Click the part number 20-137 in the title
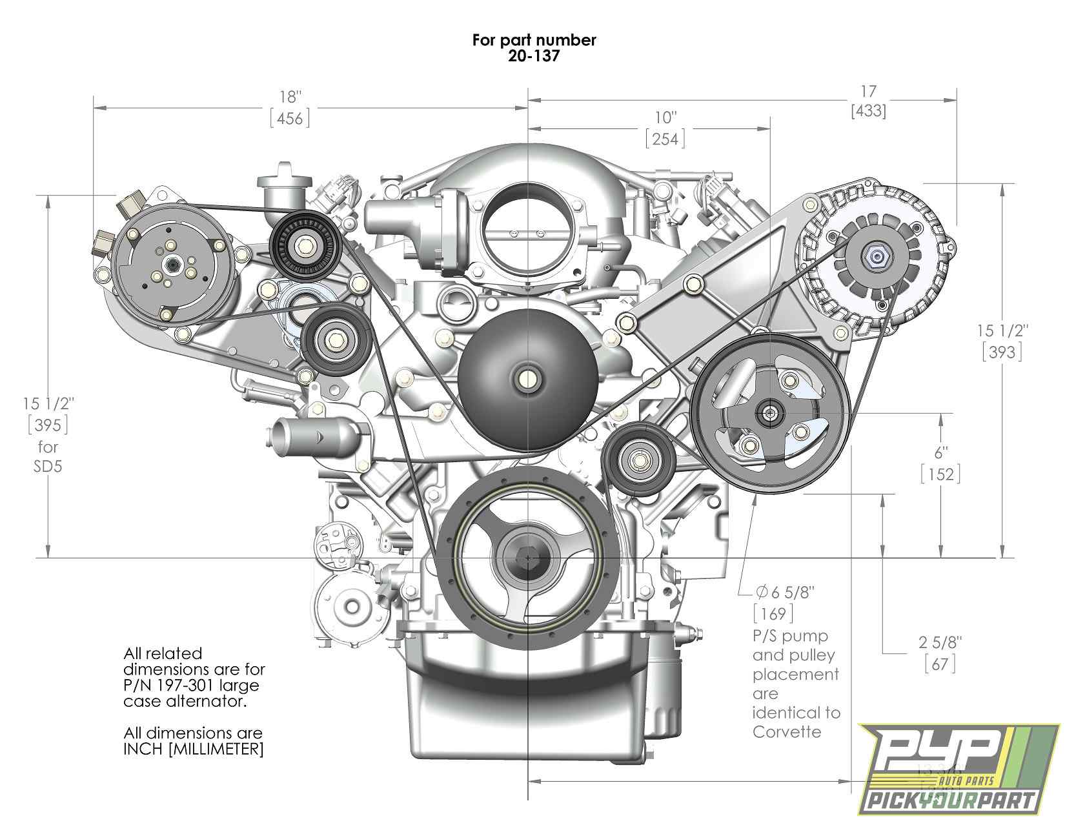point(533,56)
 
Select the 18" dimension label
point(290,97)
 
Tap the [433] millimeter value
point(868,111)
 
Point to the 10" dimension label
point(665,118)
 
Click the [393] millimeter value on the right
point(1002,352)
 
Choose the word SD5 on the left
point(48,466)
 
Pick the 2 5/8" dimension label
point(940,642)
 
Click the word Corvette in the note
point(787,732)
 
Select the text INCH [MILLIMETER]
point(193,749)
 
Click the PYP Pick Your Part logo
point(960,773)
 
